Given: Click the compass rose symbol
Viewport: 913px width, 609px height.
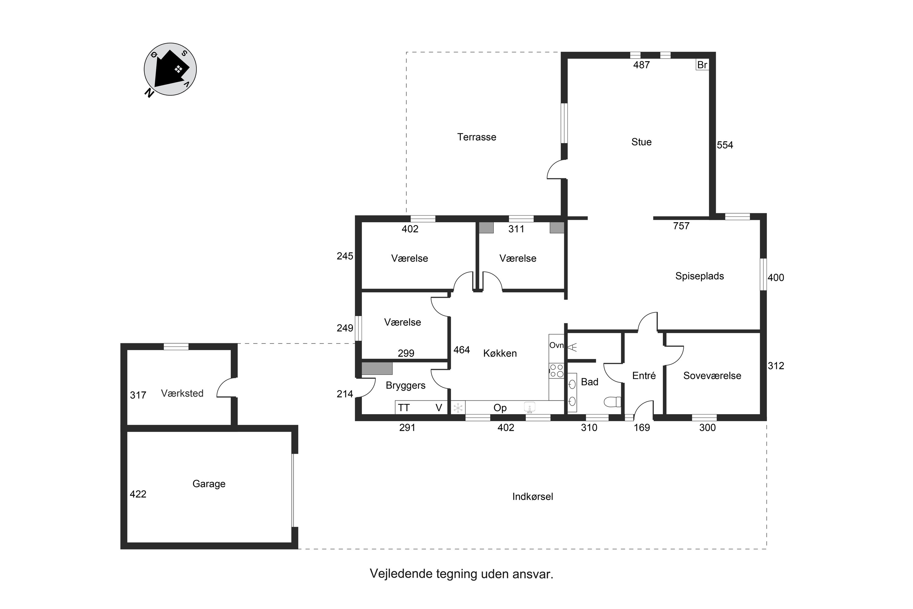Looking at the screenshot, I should (170, 69).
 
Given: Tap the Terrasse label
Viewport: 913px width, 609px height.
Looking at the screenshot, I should (476, 137).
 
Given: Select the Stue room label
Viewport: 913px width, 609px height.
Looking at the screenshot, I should (641, 142).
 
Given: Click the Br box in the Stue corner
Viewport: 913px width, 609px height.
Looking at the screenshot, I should (702, 65).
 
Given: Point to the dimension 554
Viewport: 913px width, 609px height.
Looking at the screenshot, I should (724, 145).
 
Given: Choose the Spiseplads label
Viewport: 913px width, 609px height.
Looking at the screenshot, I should (699, 276).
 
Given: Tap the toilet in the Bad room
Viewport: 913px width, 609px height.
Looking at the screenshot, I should (613, 402).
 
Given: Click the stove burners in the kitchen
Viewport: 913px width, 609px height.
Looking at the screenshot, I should (556, 371).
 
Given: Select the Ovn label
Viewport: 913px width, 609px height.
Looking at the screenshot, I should (556, 345).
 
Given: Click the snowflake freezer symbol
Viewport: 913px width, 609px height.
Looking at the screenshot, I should (458, 408).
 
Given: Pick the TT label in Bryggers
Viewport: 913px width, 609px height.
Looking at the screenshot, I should (404, 408).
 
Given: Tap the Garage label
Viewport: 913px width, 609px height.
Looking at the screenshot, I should (209, 484).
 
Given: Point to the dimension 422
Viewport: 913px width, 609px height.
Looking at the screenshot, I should (138, 495).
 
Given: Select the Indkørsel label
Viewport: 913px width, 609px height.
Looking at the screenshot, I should (532, 497).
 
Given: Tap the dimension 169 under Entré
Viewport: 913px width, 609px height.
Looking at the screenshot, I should (641, 428).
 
